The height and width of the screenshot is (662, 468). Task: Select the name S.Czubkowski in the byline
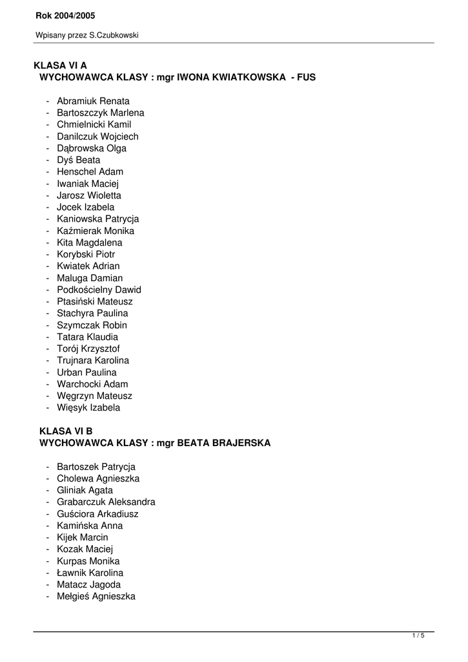tap(114, 36)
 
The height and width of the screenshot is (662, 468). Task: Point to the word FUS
tap(306, 77)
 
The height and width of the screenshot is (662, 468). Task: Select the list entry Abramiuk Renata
tap(93, 101)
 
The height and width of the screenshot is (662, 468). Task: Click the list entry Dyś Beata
tap(78, 160)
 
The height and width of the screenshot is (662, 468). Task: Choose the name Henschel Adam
tap(90, 171)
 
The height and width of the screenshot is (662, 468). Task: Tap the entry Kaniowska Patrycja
tap(97, 219)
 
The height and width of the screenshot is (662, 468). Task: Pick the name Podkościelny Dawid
tap(99, 290)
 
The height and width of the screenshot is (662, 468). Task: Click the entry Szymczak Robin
tap(92, 325)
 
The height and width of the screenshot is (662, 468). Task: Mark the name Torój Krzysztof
tap(88, 348)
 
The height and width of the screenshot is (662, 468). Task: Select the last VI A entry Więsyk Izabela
tap(88, 407)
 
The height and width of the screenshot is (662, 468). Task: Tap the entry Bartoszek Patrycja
tap(96, 467)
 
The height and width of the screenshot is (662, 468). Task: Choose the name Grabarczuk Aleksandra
tap(106, 502)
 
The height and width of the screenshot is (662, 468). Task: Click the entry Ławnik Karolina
tap(90, 573)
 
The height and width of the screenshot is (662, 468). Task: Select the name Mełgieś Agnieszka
tap(96, 596)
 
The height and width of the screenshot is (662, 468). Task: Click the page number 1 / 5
tap(418, 636)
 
